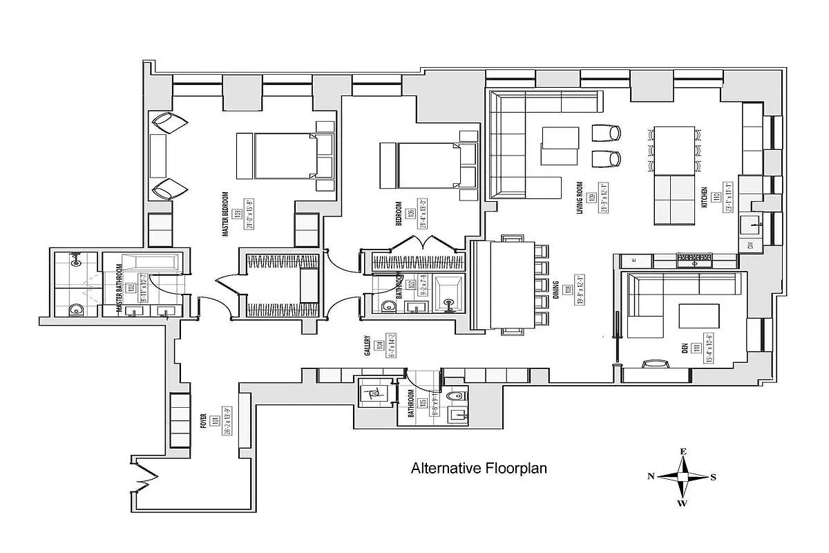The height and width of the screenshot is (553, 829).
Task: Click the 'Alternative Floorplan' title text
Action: pos(479,469)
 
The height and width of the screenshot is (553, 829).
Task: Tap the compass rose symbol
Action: pos(683,477)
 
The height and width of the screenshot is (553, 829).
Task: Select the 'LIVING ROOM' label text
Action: pos(580,198)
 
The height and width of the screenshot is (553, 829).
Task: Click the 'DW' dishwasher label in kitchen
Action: pos(751,245)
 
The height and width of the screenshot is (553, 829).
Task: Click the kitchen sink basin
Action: pos(751,224)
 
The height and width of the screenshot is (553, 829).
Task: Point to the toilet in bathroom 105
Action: pos(455,396)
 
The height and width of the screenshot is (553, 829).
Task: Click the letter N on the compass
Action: pos(651,476)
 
